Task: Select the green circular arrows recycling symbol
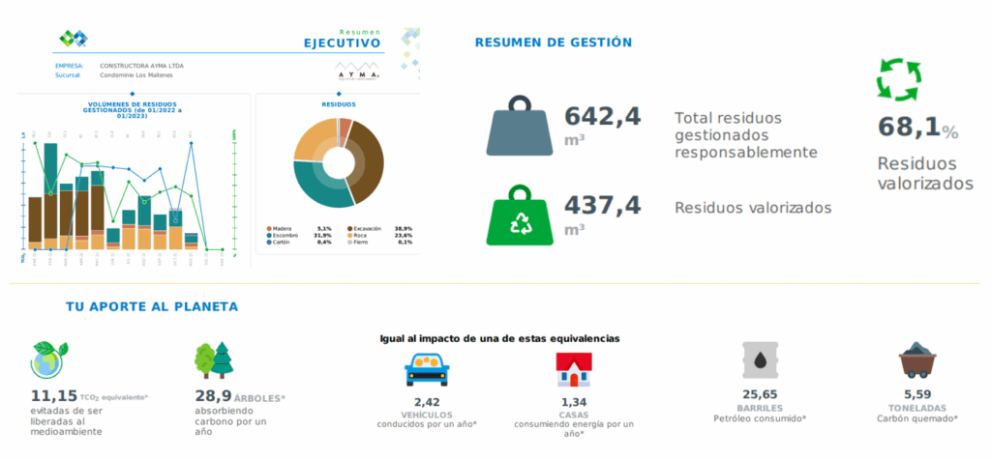pos(898,80)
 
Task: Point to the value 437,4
pos(602,204)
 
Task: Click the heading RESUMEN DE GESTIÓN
pos(554,43)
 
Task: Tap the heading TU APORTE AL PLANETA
pos(152,306)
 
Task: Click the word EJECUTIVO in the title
pos(342,43)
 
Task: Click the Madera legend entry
pos(282,228)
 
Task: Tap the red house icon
pos(573,368)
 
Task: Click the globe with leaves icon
pos(48,359)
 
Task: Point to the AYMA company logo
pos(357,72)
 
